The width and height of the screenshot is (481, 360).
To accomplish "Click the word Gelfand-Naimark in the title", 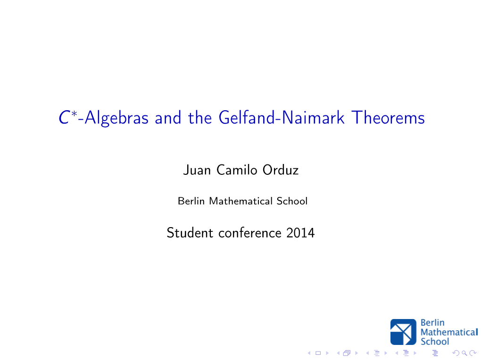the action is pos(282,118).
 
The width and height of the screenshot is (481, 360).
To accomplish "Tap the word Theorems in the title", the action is pos(388,118).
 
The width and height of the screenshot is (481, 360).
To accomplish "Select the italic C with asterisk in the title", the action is pos(68,117).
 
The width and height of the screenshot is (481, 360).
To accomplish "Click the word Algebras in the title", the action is pos(116,118).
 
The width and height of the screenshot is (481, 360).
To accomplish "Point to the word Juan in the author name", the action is pos(197,170).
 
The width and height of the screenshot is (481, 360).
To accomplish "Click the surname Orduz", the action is pos(281,170).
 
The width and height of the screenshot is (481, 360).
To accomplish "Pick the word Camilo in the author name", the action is pos(237,170).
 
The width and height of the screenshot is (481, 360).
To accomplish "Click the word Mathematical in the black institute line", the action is pos(241,201).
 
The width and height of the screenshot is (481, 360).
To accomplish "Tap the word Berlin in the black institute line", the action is pos(191,201).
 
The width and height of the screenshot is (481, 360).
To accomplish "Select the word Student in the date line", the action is pos(190,233).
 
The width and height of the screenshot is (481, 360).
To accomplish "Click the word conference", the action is pos(250,233).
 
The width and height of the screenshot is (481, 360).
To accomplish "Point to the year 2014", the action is pos(300,233).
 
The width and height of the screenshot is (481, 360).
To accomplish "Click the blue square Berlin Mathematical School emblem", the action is pos(403,332).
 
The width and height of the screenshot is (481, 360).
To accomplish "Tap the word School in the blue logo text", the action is pos(435,341).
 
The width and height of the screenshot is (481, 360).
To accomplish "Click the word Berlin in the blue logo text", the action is pos(432,323).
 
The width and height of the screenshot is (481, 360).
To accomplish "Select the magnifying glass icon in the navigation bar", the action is pos(464,353).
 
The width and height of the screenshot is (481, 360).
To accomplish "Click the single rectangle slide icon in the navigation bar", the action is pos(318,353).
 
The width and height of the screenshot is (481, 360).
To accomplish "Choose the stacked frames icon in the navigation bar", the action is pos(347,353).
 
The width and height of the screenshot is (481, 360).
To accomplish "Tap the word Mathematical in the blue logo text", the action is pos(449,332).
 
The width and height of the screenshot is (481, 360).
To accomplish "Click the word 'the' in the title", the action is pos(199,118).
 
